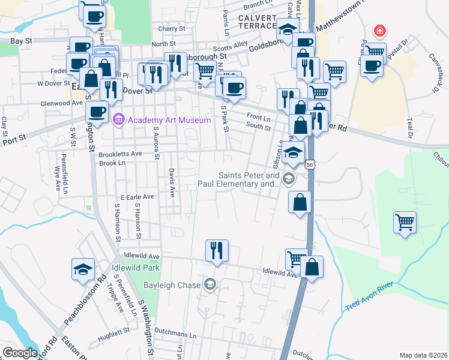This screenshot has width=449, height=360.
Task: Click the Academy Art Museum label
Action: (x=169, y=120)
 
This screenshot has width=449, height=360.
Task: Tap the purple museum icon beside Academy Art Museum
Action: (x=118, y=120)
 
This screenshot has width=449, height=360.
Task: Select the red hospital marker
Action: (x=379, y=31)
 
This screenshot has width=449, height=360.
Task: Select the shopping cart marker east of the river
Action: (x=405, y=222)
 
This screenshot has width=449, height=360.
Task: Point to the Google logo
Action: (x=20, y=353)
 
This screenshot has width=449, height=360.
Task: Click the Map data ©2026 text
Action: (x=423, y=355)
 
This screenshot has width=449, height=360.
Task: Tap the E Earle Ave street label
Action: (x=137, y=196)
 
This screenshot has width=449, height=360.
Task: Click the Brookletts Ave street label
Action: (x=120, y=154)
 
